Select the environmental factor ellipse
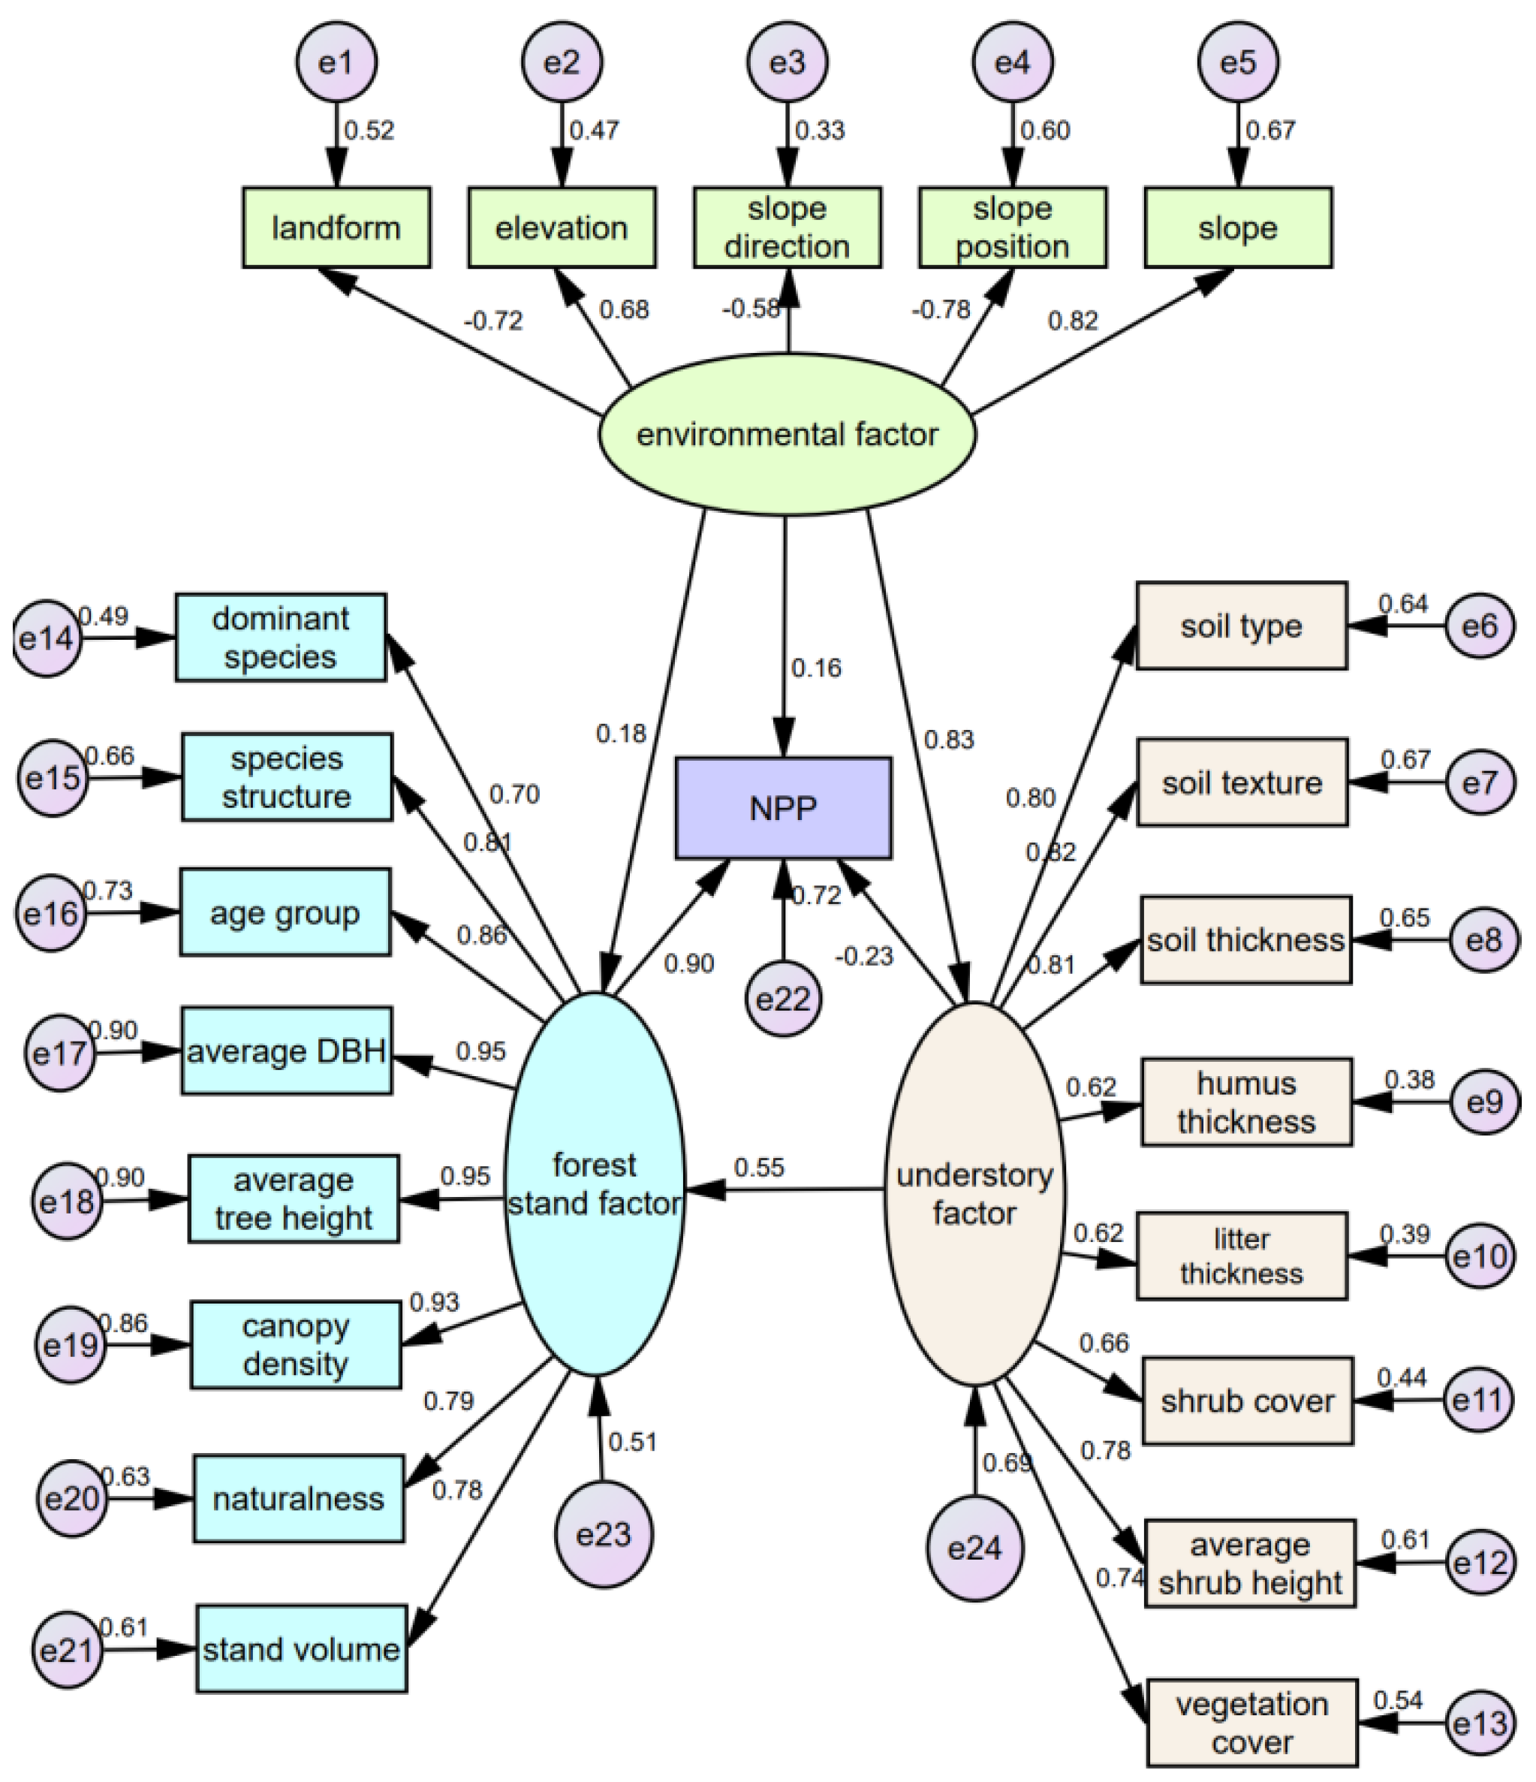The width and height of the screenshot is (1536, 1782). tap(787, 434)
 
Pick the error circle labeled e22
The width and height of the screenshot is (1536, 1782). tap(782, 999)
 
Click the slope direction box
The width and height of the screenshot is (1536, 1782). tap(787, 228)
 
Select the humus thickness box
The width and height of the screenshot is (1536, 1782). tap(1246, 1102)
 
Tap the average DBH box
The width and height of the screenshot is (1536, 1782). tap(286, 1051)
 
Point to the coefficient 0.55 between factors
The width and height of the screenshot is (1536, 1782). tap(758, 1168)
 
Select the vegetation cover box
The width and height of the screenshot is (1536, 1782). tap(1251, 1723)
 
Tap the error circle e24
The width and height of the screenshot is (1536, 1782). tap(974, 1548)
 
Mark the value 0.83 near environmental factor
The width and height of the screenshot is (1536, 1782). tap(949, 740)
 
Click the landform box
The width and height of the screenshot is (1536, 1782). tap(336, 228)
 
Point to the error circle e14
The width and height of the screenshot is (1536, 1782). tap(47, 638)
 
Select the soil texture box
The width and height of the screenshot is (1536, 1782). tap(1242, 782)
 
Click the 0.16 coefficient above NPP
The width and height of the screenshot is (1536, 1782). tap(815, 668)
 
